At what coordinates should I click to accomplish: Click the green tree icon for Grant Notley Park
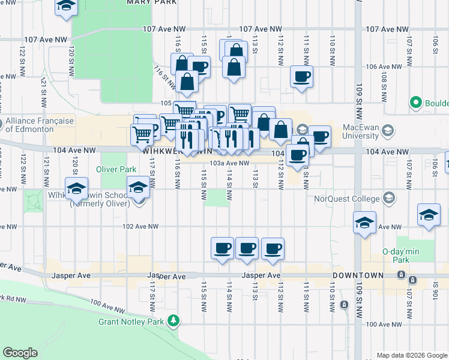[174, 321]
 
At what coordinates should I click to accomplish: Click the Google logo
[20, 353]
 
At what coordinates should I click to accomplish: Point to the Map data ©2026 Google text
[411, 355]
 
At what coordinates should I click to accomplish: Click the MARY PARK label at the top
[152, 2]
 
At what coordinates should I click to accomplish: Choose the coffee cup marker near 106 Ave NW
[302, 77]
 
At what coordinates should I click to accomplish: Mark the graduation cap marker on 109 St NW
[364, 223]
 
